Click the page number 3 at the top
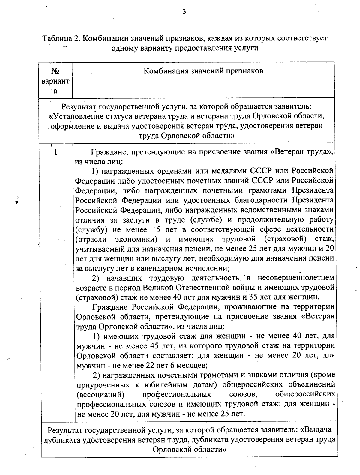184,12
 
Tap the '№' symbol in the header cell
55,71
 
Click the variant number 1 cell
55,152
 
